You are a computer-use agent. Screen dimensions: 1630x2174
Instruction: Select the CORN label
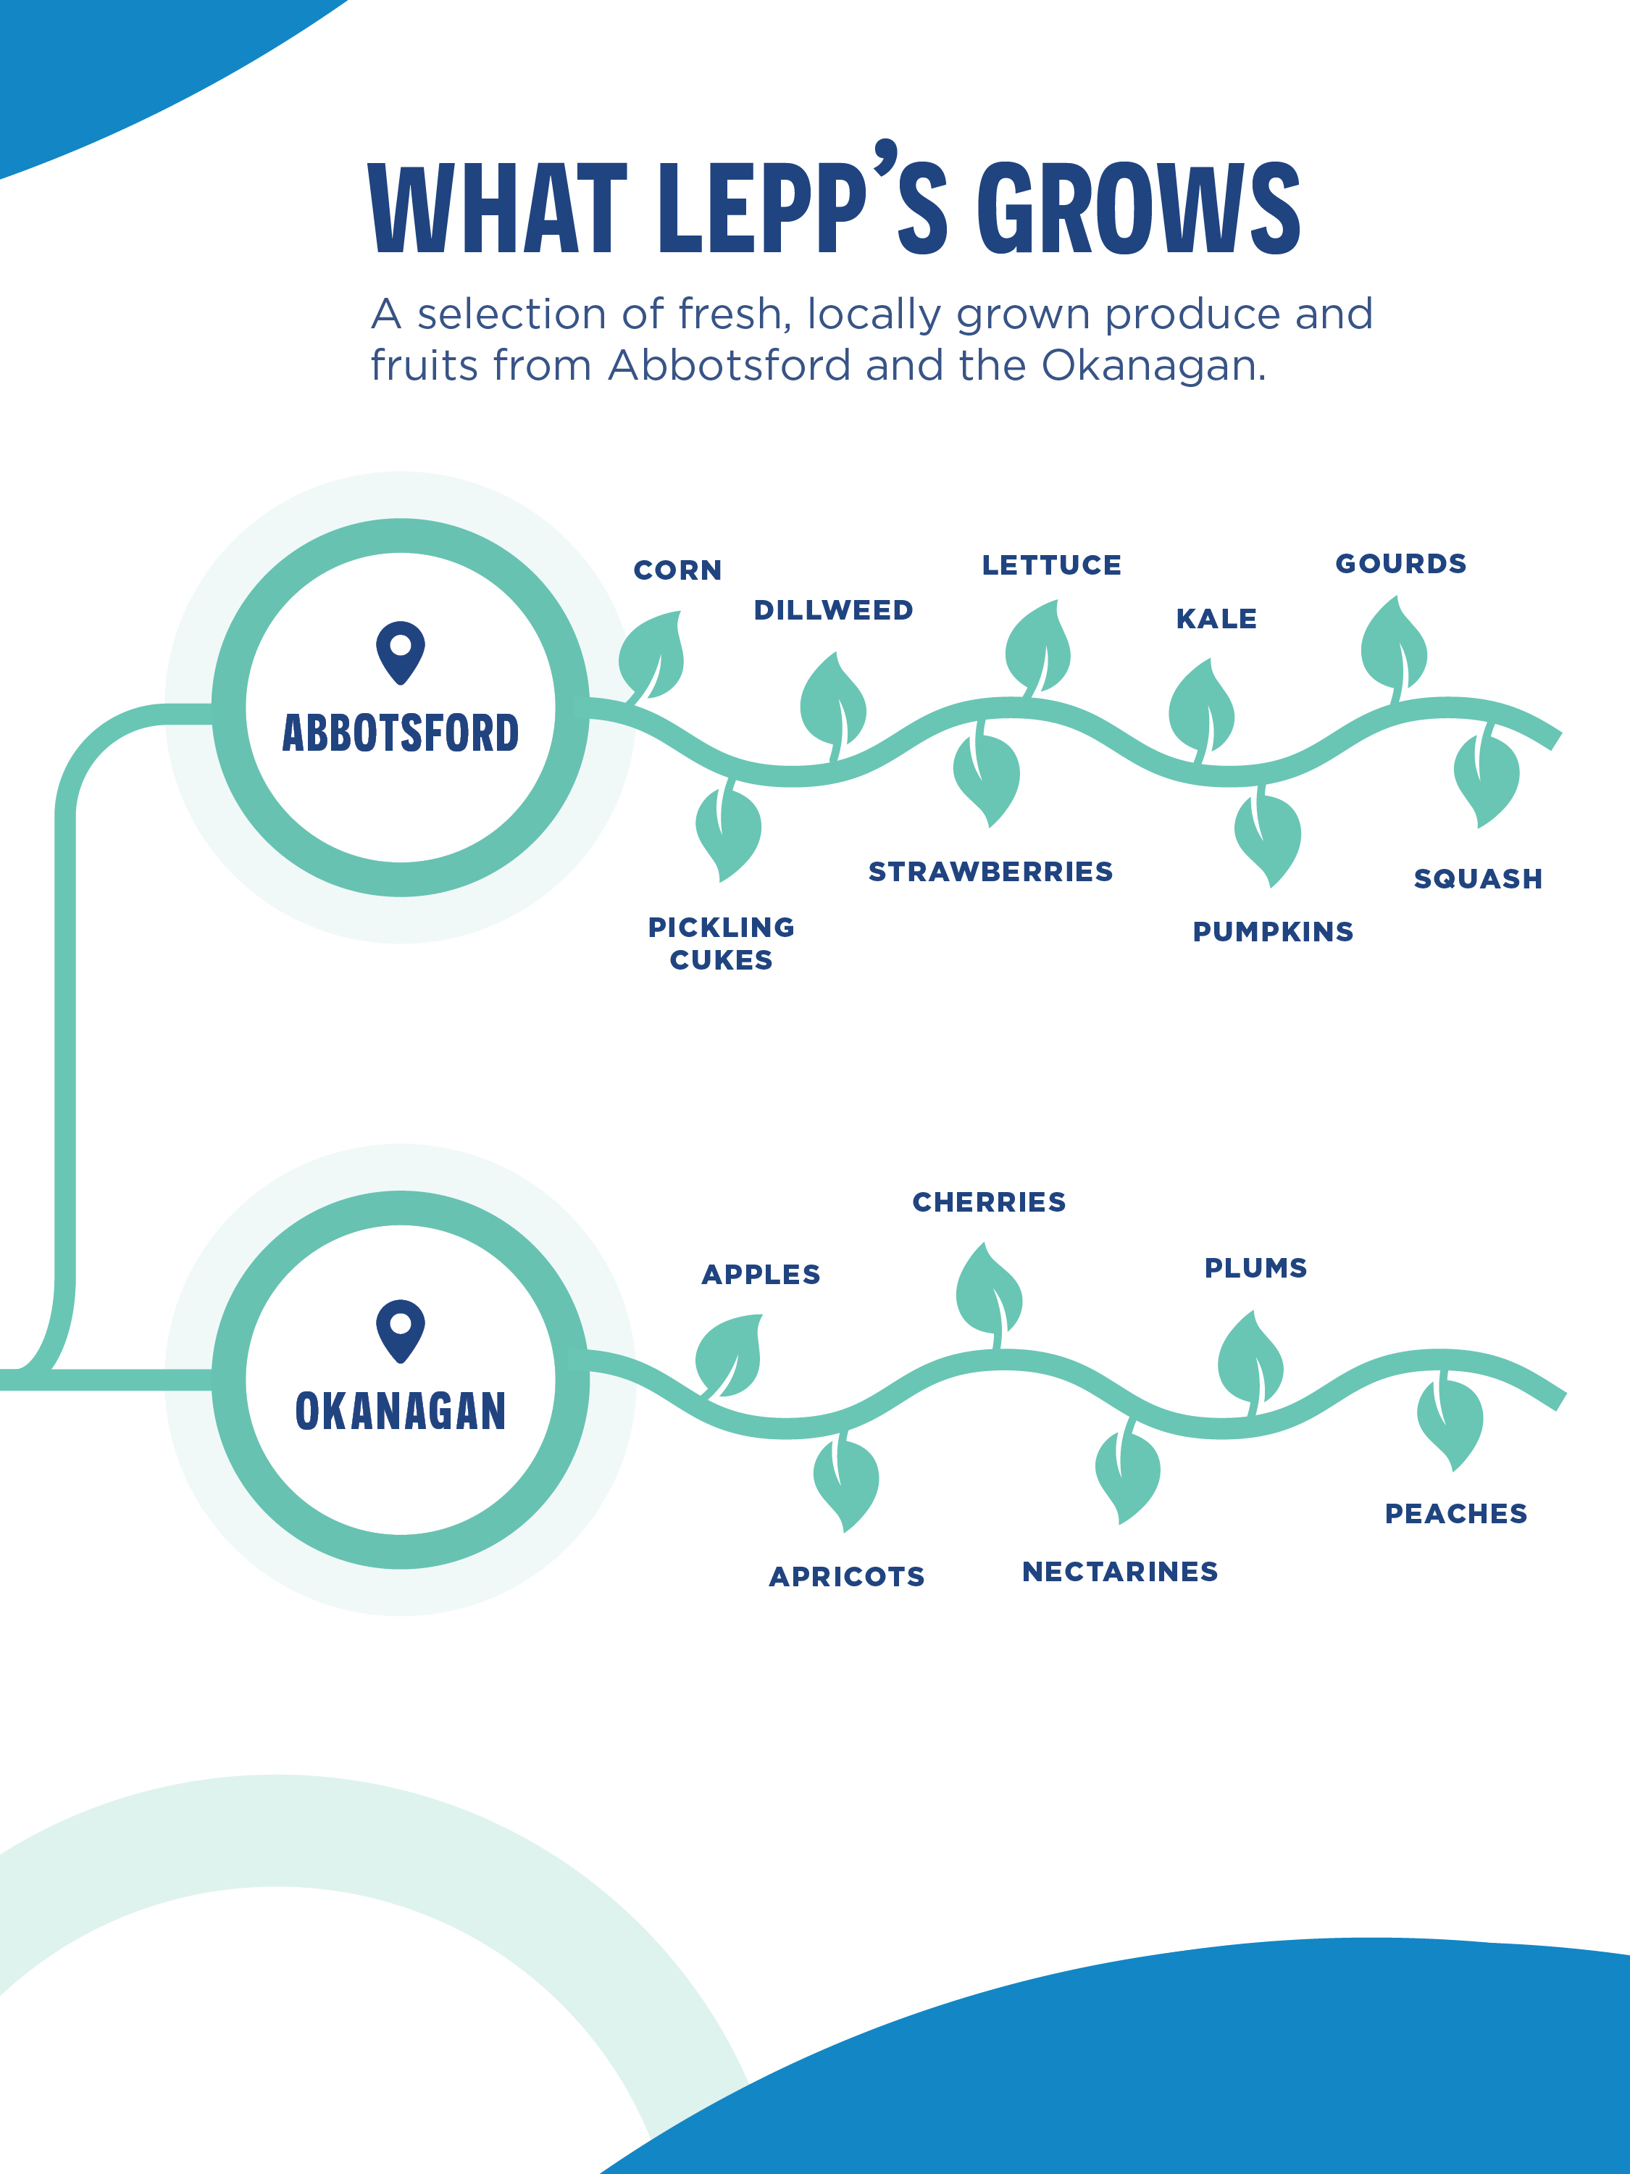(x=677, y=570)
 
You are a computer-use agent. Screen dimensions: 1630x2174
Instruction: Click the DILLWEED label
(x=833, y=610)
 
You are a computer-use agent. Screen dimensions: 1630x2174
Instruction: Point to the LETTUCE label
(x=1051, y=565)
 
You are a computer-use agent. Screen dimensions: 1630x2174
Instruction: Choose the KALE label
(x=1216, y=619)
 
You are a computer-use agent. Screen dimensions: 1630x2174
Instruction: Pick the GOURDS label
(x=1400, y=564)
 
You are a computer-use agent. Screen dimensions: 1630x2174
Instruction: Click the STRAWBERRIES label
(x=990, y=872)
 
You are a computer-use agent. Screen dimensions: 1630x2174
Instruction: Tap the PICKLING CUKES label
(x=721, y=944)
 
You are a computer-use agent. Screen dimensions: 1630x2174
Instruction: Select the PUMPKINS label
(x=1272, y=932)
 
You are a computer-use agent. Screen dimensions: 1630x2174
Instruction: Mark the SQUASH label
(x=1478, y=878)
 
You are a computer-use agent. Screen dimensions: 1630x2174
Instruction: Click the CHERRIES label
(x=988, y=1202)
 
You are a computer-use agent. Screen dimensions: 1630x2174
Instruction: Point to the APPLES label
(x=761, y=1275)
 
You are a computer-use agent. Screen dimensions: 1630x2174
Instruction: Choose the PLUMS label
(x=1255, y=1268)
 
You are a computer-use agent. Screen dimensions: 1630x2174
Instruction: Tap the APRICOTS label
(x=846, y=1576)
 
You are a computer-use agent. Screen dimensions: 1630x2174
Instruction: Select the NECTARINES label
(x=1119, y=1572)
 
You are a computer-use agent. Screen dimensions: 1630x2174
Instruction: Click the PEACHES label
(x=1455, y=1514)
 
